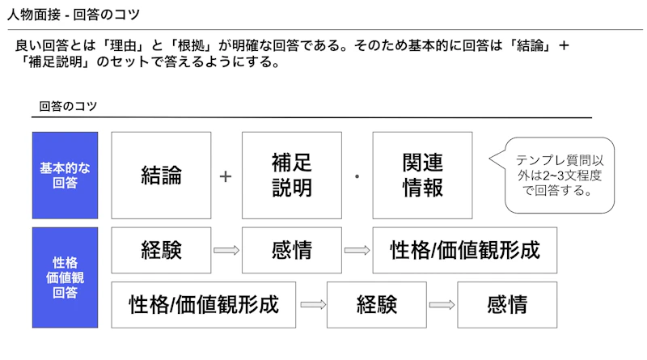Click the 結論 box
point(161,175)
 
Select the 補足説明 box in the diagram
point(292,175)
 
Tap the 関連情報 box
point(422,175)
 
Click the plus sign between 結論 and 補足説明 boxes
point(226,176)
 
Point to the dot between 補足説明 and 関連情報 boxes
point(357,176)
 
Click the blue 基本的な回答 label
point(66,175)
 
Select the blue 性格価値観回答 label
point(66,277)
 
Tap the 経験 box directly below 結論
point(161,250)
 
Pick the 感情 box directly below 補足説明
point(292,250)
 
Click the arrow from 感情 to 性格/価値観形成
point(357,250)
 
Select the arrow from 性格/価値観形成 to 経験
point(313,305)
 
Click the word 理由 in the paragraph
point(123,45)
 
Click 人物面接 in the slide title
point(34,15)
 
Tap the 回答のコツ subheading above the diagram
point(68,106)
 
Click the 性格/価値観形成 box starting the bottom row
point(204,305)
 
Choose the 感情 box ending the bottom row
point(507,305)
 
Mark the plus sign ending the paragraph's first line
point(564,45)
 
